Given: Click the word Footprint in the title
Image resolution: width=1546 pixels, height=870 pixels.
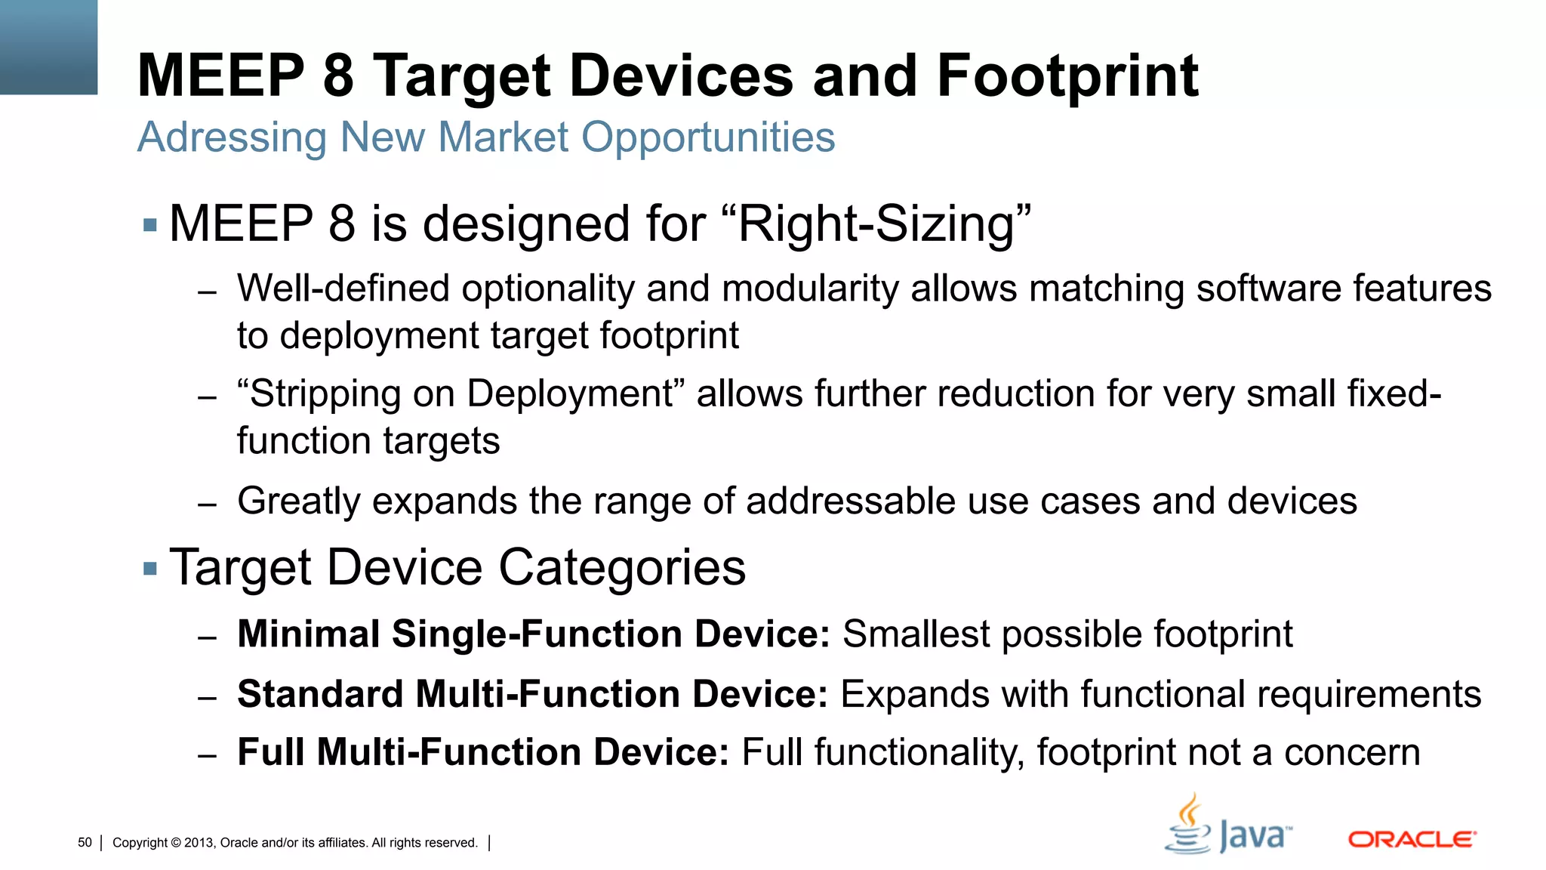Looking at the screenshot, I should [x=1067, y=76].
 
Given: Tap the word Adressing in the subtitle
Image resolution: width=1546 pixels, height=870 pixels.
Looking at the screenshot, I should [x=232, y=137].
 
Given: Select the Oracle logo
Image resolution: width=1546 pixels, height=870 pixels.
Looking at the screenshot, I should [x=1412, y=839].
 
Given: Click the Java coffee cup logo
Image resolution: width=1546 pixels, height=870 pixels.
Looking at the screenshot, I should [x=1187, y=825].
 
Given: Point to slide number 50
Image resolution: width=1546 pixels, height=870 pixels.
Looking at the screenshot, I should [x=85, y=843].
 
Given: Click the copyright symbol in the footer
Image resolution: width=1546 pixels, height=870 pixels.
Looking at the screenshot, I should [x=176, y=843].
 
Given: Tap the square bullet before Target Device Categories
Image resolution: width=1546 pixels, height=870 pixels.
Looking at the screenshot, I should [x=149, y=568].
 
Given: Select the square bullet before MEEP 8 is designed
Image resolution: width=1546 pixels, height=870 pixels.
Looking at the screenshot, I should [x=149, y=224].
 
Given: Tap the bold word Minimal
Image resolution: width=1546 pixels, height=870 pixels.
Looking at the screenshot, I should [x=308, y=634].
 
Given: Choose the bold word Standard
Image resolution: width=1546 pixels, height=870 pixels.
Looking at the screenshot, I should [x=320, y=694].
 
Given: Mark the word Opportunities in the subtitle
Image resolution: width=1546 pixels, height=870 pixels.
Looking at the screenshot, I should [x=707, y=137].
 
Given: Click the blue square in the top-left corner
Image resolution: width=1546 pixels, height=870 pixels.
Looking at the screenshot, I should [x=48, y=47].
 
